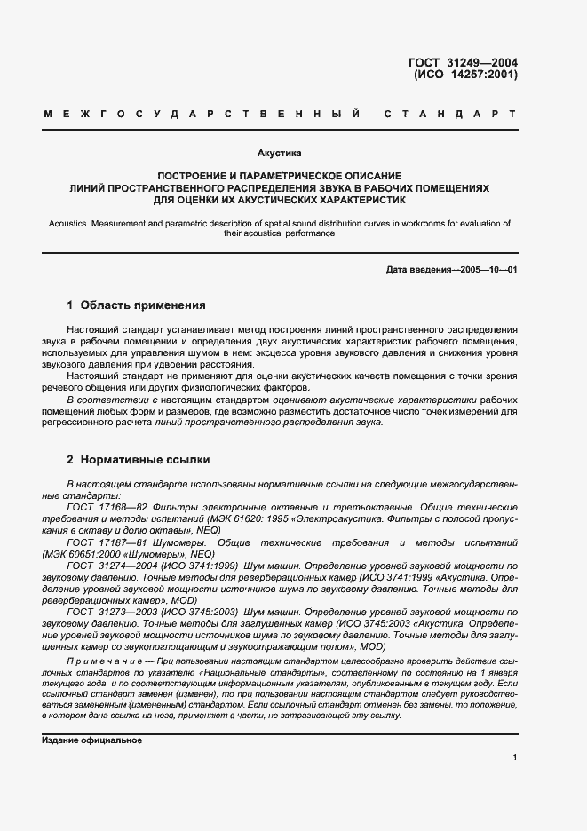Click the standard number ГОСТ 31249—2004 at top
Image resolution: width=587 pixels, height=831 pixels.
[463, 62]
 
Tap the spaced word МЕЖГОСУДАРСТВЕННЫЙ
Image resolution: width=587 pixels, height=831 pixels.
[201, 115]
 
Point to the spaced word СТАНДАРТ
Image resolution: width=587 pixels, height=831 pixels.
[450, 115]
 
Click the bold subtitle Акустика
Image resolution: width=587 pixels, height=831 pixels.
[279, 153]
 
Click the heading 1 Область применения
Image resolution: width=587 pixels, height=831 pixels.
[136, 305]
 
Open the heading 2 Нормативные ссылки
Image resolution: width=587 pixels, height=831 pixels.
[139, 460]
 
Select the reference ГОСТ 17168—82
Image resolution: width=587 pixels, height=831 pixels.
[101, 505]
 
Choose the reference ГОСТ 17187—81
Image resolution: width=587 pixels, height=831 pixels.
[102, 542]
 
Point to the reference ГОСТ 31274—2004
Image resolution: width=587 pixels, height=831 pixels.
[108, 565]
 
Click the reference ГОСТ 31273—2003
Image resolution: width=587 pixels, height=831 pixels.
[108, 613]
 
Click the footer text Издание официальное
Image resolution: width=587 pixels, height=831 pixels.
[91, 740]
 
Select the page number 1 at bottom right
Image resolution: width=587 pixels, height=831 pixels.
[514, 756]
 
